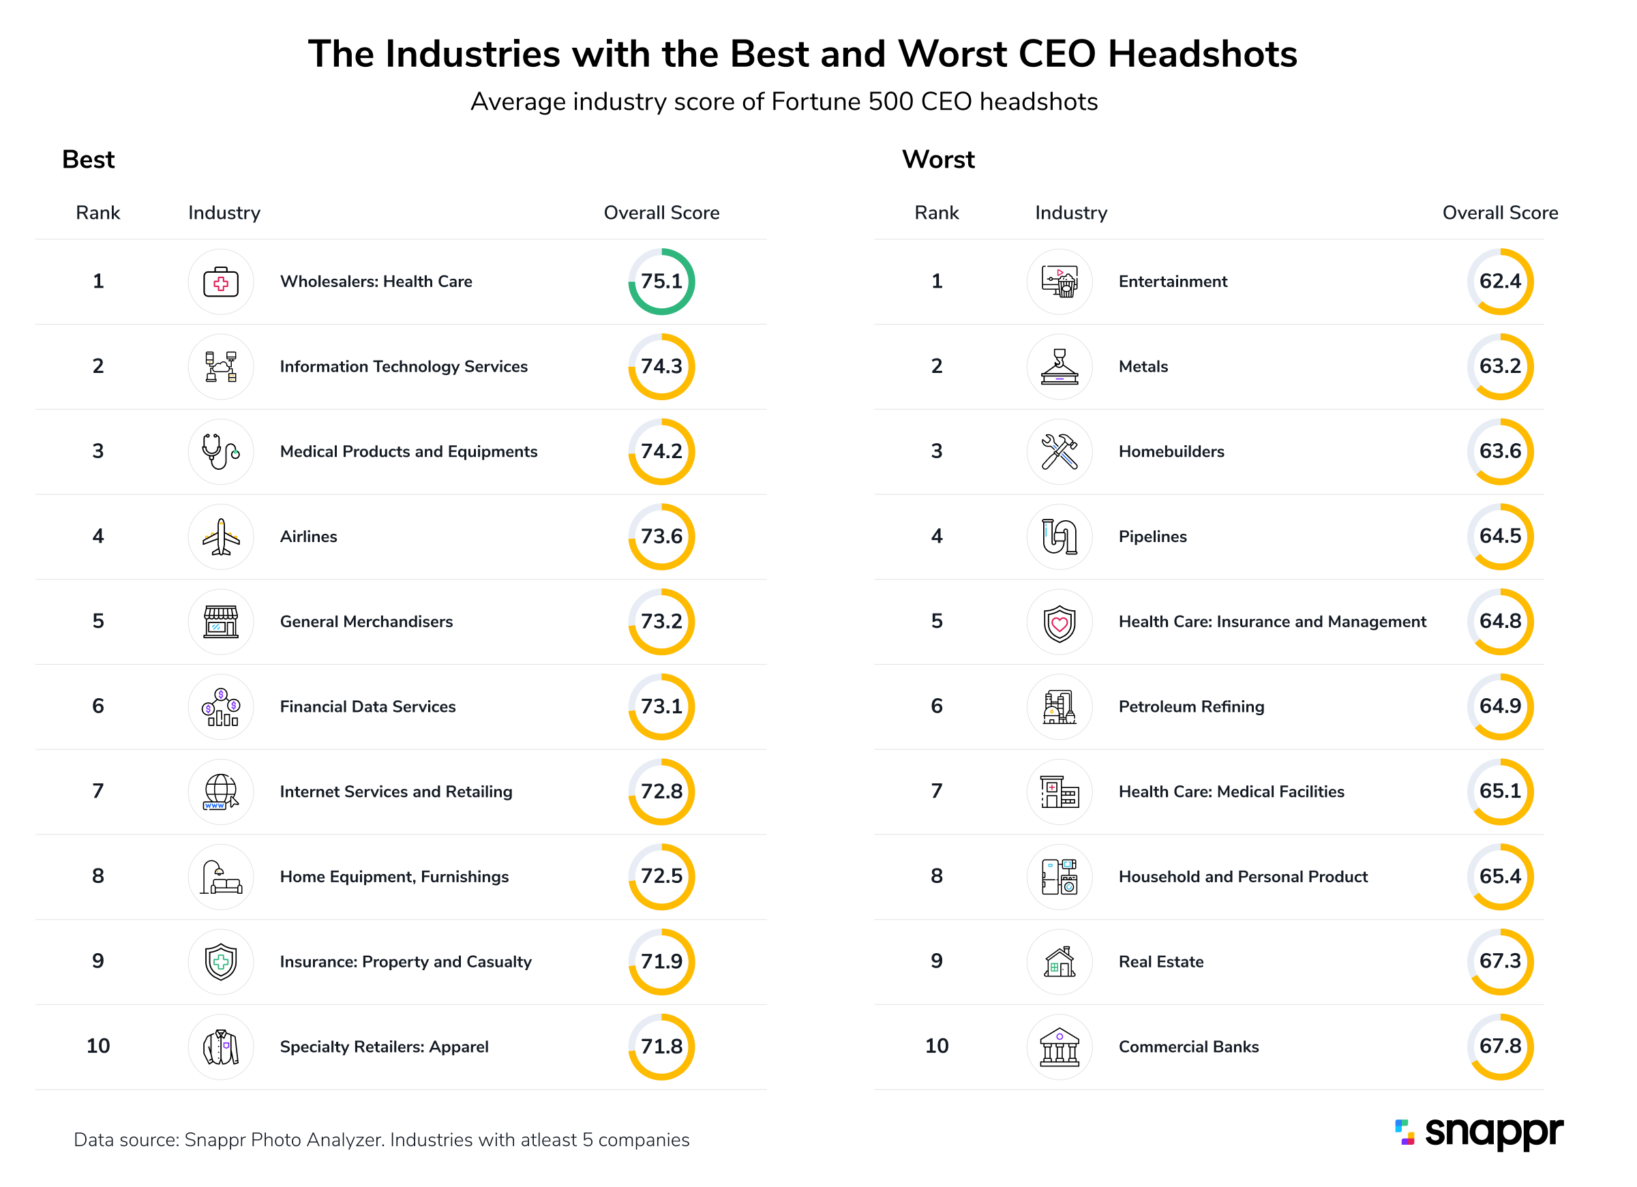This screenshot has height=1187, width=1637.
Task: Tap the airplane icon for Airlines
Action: click(x=221, y=537)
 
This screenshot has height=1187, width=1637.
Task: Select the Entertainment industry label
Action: click(x=1172, y=282)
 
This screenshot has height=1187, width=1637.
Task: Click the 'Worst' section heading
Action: click(x=937, y=160)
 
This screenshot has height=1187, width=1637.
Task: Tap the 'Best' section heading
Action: click(x=88, y=160)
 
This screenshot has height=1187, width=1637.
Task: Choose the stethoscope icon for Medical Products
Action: click(x=221, y=452)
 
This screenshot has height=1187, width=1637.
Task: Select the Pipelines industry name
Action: click(x=1152, y=537)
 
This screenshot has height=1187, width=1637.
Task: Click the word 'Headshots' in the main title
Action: click(x=1202, y=54)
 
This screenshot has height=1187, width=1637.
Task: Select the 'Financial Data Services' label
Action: click(x=367, y=706)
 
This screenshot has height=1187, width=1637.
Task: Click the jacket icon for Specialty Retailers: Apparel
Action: click(x=221, y=1047)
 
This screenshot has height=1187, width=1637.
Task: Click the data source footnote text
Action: click(x=381, y=1139)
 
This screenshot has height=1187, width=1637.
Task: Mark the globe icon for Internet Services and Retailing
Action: click(x=221, y=792)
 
